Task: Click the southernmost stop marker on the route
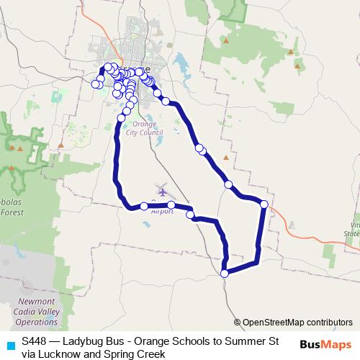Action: point(225,273)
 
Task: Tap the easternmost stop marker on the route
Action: point(264,204)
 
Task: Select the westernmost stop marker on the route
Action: point(94,84)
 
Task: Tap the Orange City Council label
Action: point(144,129)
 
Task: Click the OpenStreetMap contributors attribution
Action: point(293,323)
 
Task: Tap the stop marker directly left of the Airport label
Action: point(144,206)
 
